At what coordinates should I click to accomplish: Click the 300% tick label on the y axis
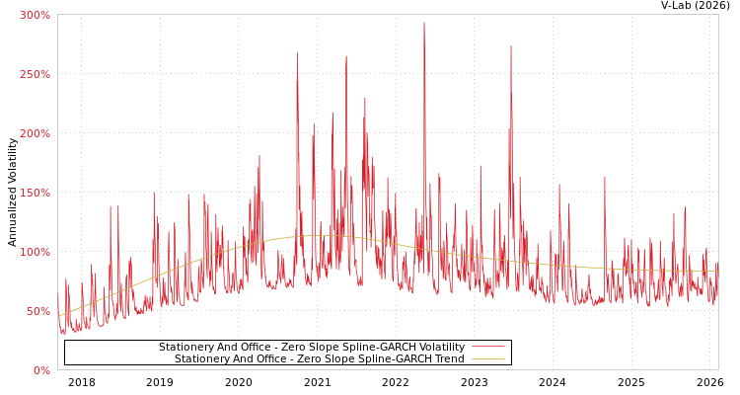(x=35, y=15)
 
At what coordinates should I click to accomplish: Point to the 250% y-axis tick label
(x=35, y=74)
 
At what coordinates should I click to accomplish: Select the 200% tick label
(x=35, y=133)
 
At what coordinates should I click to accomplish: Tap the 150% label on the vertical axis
(x=35, y=193)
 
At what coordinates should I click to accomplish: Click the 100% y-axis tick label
(x=35, y=252)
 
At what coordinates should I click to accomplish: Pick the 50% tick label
(x=37, y=311)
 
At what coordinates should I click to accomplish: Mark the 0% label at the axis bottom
(x=41, y=370)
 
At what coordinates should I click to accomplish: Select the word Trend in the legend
(x=448, y=359)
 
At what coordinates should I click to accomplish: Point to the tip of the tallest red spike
(x=424, y=23)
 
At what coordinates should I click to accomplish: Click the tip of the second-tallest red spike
(x=511, y=45)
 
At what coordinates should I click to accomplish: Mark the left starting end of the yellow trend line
(x=59, y=316)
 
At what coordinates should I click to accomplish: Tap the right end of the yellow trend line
(x=717, y=271)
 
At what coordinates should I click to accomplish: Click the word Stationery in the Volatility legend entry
(x=185, y=348)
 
